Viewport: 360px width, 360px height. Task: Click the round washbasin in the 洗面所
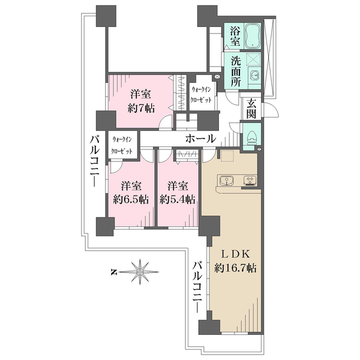[x=254, y=75]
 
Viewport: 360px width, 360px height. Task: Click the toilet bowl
[x=252, y=137]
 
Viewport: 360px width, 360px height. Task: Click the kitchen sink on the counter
[x=226, y=179]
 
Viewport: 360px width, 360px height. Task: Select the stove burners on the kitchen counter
[x=249, y=179]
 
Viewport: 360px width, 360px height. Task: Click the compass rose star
[x=140, y=272]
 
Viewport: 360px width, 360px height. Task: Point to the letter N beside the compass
[x=113, y=272]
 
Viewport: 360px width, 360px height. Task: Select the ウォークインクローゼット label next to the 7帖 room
[x=200, y=94]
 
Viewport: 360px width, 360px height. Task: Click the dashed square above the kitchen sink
[x=227, y=155]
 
